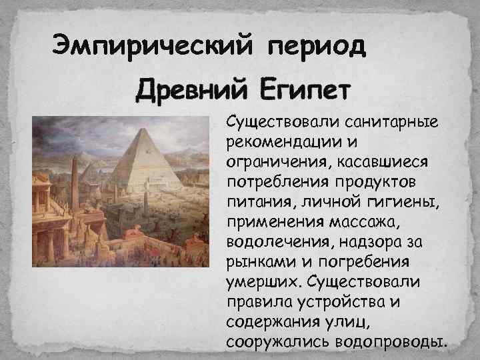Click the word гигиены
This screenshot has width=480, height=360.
(x=386, y=201)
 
